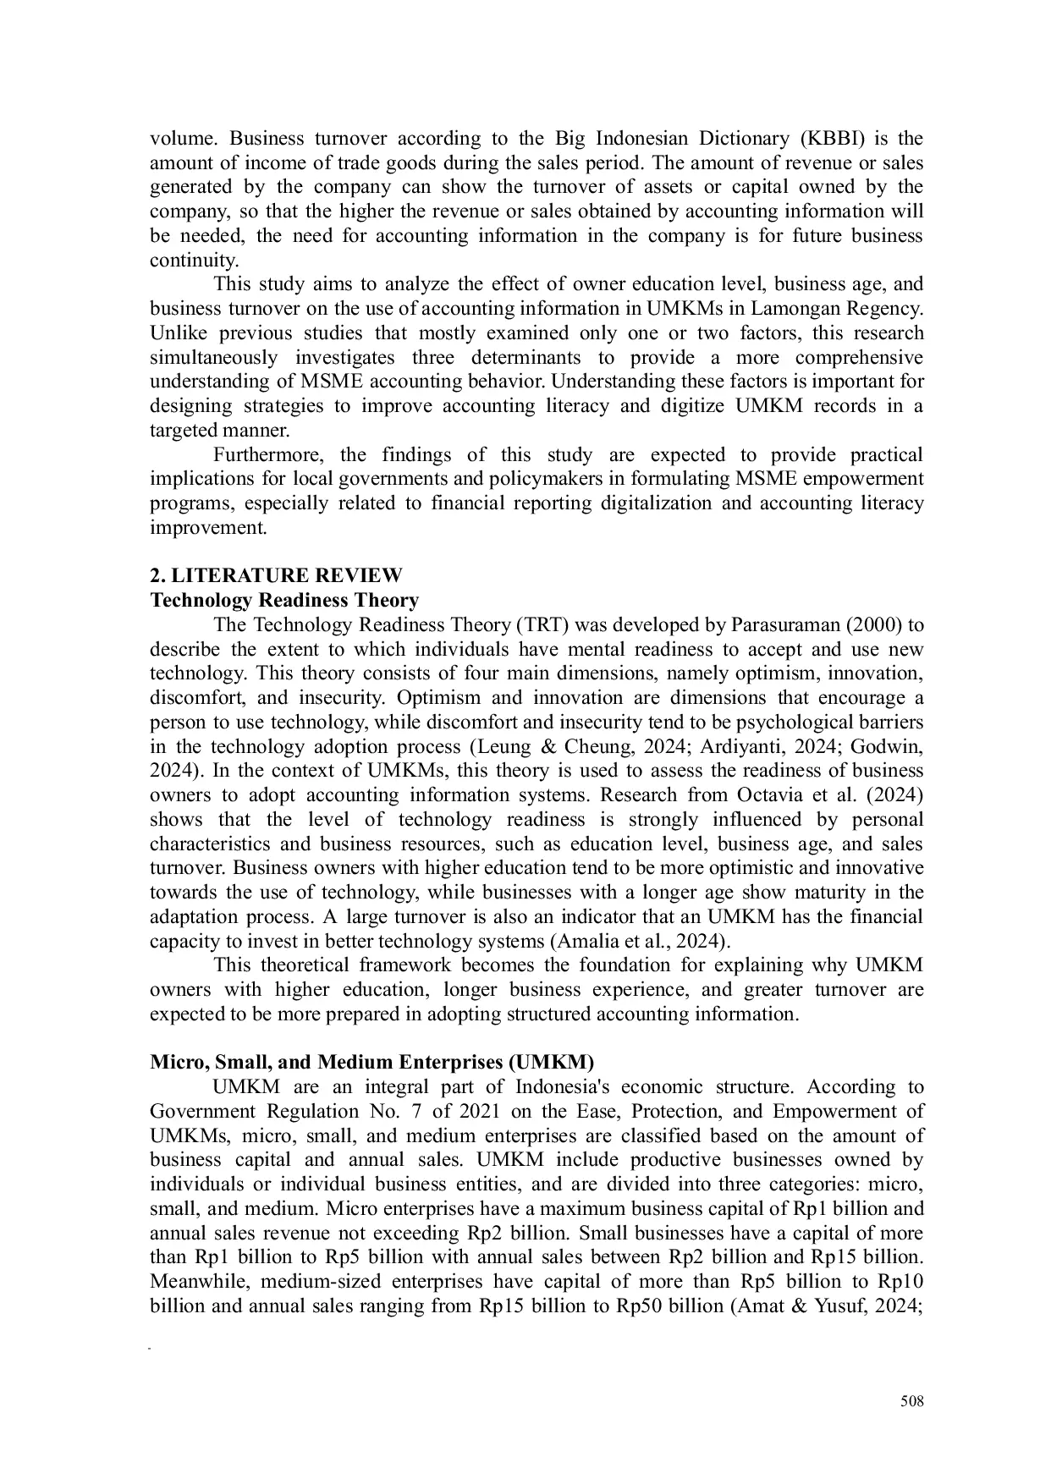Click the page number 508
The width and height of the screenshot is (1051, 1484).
[911, 1402]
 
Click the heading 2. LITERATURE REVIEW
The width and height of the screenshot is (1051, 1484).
[276, 576]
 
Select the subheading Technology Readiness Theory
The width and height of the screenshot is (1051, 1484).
[284, 601]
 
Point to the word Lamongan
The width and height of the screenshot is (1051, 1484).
[790, 308]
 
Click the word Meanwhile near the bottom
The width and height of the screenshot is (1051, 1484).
[197, 1281]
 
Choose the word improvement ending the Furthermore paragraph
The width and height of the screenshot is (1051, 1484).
[207, 528]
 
